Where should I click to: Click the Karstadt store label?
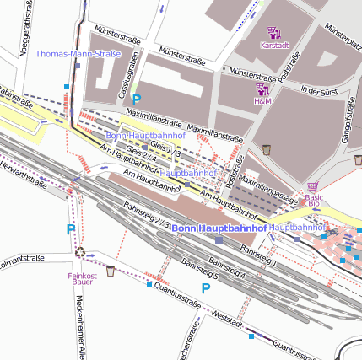pos(274,45)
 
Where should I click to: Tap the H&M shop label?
pos(263,100)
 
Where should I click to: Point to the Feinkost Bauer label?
pos(83,279)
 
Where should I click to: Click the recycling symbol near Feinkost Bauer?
pos(79,250)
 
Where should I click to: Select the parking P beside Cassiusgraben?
pos(135,99)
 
